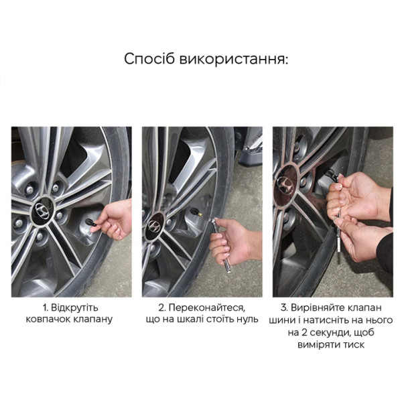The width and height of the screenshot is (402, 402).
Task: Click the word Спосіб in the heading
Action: [149, 59]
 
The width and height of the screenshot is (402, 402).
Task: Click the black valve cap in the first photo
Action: [91, 222]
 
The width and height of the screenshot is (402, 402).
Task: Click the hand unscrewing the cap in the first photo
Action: [111, 219]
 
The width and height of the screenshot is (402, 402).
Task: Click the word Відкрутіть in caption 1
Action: [75, 308]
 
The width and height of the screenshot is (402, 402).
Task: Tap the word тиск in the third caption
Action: [353, 344]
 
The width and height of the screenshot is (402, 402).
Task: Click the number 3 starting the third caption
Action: [283, 308]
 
